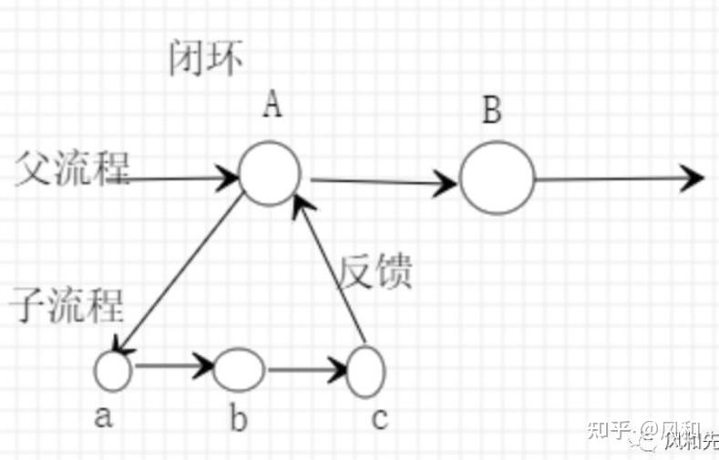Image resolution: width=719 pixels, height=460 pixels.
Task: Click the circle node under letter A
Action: coord(270,173)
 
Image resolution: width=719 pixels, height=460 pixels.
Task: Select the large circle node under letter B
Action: coord(496,178)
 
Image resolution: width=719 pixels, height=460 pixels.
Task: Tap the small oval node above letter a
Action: coord(114,370)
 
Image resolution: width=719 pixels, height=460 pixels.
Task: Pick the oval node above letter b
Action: coord(239,370)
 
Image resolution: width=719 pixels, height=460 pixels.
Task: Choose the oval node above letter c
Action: coord(366,371)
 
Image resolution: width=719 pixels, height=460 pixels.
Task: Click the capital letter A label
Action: coord(272,107)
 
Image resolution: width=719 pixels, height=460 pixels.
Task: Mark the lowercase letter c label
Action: coord(380,419)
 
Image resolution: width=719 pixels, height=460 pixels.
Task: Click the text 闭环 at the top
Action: coord(207,60)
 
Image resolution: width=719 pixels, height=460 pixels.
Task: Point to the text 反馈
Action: coord(376,271)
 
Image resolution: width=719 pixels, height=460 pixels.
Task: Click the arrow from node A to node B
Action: coord(383,181)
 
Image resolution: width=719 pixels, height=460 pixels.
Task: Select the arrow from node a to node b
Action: coord(171,369)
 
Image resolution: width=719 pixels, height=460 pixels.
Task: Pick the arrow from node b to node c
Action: coord(305,371)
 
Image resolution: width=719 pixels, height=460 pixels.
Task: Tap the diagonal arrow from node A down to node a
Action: coord(178,273)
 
